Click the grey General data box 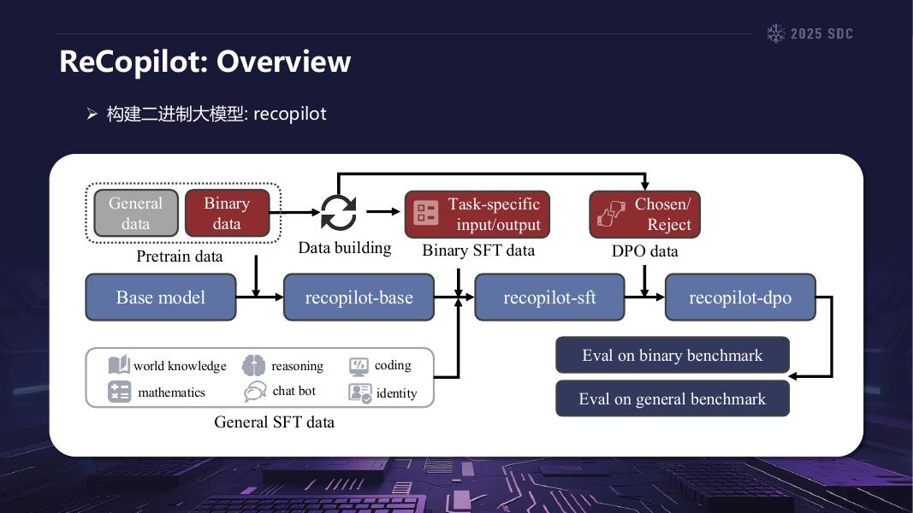click(x=136, y=213)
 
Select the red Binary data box click(x=227, y=213)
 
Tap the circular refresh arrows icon click(x=338, y=212)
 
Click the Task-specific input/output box click(x=477, y=214)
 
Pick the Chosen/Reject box click(x=644, y=214)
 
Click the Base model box click(x=160, y=298)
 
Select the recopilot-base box click(x=359, y=298)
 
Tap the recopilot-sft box click(x=549, y=298)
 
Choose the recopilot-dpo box click(x=740, y=298)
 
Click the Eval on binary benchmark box click(x=672, y=356)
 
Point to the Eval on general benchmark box click(x=672, y=398)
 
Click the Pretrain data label click(x=180, y=256)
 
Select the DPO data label click(x=644, y=251)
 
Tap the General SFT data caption click(x=274, y=422)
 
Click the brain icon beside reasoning click(x=253, y=366)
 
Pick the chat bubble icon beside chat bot click(x=254, y=392)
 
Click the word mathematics click(x=171, y=392)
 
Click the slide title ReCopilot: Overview click(x=205, y=62)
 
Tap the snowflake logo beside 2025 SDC click(x=775, y=33)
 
